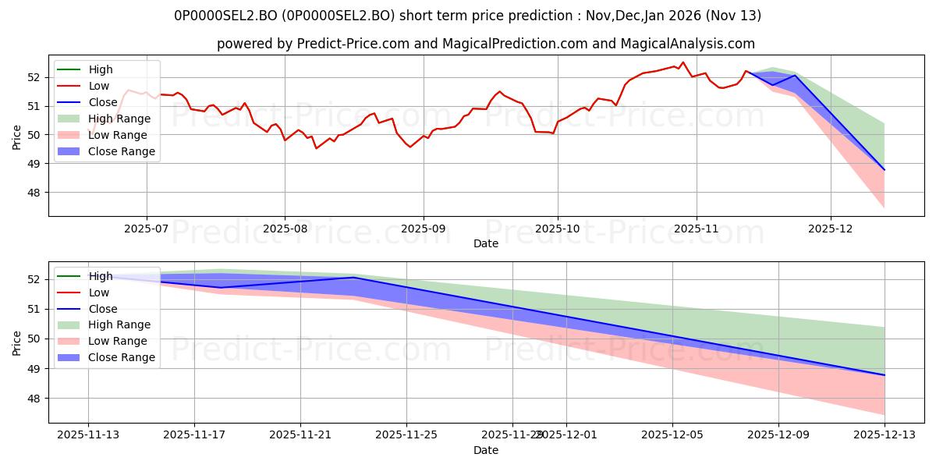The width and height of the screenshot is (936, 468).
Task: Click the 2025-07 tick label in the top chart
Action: pyautogui.click(x=146, y=228)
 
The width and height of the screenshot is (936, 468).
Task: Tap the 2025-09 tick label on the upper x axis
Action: pyautogui.click(x=424, y=228)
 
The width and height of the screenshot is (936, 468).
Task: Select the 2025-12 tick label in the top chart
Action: pyautogui.click(x=831, y=228)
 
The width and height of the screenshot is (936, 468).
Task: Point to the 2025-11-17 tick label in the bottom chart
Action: pyautogui.click(x=194, y=434)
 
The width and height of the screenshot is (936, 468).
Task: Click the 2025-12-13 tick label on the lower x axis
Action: pyautogui.click(x=885, y=434)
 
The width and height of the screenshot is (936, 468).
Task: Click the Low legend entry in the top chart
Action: pyautogui.click(x=99, y=86)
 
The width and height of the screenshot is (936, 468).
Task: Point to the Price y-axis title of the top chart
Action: pyautogui.click(x=17, y=136)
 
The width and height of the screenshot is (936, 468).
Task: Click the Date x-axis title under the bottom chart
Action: pyautogui.click(x=486, y=450)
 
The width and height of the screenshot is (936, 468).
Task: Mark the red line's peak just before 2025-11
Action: pyautogui.click(x=682, y=62)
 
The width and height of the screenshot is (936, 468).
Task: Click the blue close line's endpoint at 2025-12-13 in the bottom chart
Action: pyautogui.click(x=885, y=375)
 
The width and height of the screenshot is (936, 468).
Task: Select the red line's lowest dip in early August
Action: pyautogui.click(x=316, y=148)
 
